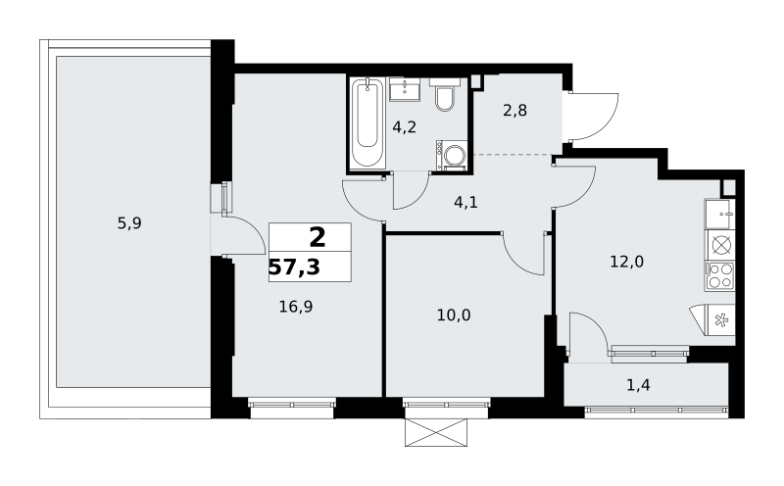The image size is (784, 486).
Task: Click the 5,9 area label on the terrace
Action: (x=129, y=223)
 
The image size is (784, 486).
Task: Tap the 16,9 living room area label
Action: (x=296, y=307)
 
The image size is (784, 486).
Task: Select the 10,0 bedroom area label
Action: (x=454, y=316)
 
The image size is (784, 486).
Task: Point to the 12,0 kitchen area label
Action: (x=626, y=261)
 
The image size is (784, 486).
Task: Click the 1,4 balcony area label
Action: (x=639, y=385)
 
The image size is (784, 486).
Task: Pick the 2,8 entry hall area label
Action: (x=515, y=110)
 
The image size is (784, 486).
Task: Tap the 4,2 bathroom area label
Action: (x=404, y=127)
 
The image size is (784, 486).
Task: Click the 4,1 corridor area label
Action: (x=465, y=203)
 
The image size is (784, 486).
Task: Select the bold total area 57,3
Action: (x=295, y=267)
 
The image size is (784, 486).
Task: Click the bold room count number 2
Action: (x=318, y=237)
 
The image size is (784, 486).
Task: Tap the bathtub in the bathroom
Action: (x=367, y=122)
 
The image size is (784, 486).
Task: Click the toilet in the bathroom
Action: (x=444, y=95)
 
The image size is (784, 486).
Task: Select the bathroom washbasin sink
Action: (x=405, y=89)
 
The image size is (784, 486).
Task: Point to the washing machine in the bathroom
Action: (x=452, y=155)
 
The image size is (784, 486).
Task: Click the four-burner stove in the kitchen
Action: (x=720, y=276)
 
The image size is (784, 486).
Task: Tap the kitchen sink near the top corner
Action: (x=720, y=214)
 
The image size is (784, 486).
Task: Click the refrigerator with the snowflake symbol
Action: (x=713, y=320)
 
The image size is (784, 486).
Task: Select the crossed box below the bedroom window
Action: (x=436, y=432)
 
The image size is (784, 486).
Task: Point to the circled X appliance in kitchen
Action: (x=720, y=246)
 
